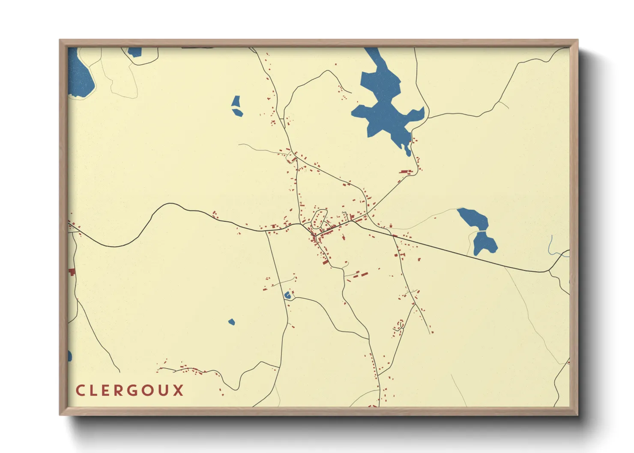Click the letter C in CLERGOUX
(80, 390)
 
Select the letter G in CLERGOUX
(133, 390)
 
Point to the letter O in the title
(148, 390)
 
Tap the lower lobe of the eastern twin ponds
(485, 243)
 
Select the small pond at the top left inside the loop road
(135, 52)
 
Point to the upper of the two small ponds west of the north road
(236, 101)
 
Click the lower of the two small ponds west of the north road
(238, 113)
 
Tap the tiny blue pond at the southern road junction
(287, 295)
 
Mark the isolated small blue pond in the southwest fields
(231, 322)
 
